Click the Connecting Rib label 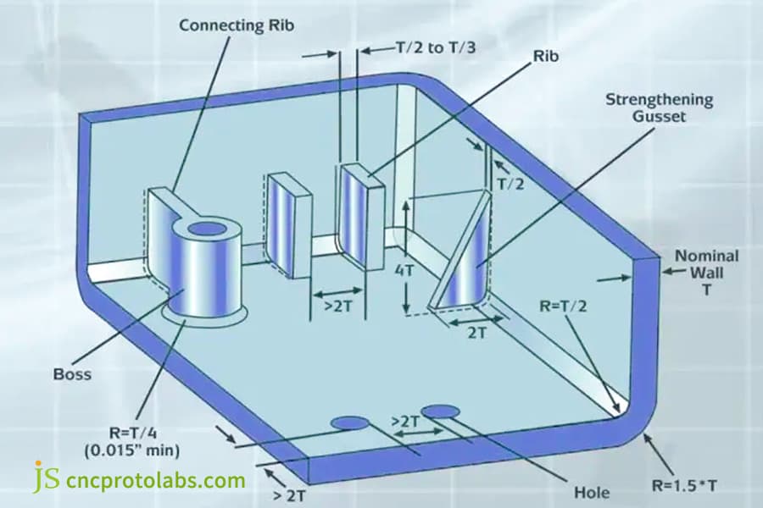point(237,25)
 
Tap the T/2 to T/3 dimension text point(436,47)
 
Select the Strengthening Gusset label point(660,108)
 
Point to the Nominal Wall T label point(706,273)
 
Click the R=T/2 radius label point(563,306)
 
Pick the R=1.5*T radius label point(683,485)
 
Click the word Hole point(592,493)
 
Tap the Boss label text point(72,374)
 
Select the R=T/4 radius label point(133,433)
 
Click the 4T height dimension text point(404,270)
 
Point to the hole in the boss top point(207,229)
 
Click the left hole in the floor point(349,423)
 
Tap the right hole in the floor point(440,411)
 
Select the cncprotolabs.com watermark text point(155,480)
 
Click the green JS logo point(47,477)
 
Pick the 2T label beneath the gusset point(476,333)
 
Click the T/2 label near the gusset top point(510,184)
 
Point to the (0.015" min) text point(132,450)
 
